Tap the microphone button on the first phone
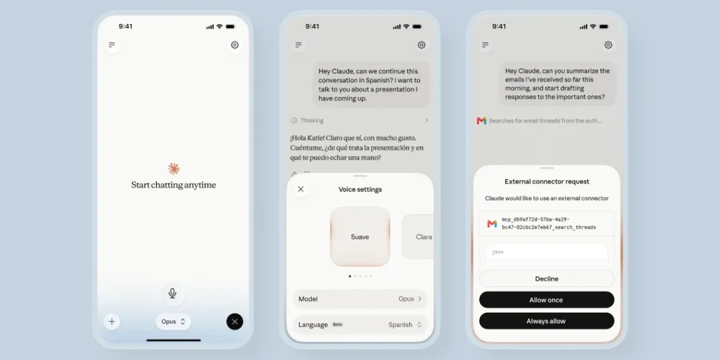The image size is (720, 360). tap(172, 293)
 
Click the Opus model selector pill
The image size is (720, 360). tap(173, 322)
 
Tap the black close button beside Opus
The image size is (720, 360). tap(235, 321)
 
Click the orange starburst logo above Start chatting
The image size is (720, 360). tap(174, 169)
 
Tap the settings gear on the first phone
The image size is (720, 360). tap(235, 45)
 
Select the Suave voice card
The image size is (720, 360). tap(360, 237)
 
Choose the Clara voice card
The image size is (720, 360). tap(418, 237)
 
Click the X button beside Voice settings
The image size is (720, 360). tap(301, 189)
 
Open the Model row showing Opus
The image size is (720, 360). tap(360, 299)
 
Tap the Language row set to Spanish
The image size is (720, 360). tap(360, 325)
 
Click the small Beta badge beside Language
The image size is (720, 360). tap(337, 325)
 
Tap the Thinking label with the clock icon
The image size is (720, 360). tap(307, 120)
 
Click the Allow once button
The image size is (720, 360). tap(546, 300)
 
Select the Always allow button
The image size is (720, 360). tap(546, 321)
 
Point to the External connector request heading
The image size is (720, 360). tap(547, 181)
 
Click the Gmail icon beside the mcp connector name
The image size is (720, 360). tap(492, 224)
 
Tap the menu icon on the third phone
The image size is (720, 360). tap(485, 45)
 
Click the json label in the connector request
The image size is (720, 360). tap(498, 252)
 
